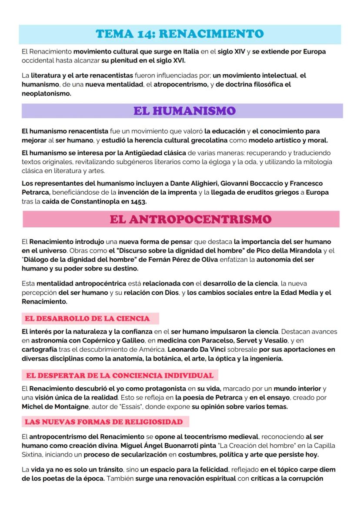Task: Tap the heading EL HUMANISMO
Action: tap(184, 111)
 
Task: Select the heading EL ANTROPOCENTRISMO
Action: tap(190, 219)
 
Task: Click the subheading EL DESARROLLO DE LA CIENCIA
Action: tap(87, 319)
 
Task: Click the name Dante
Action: tap(174, 183)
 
